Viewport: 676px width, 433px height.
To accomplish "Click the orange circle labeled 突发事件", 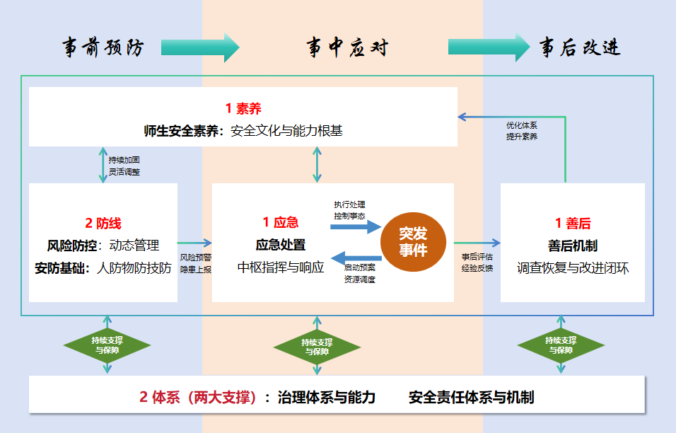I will point(413,242).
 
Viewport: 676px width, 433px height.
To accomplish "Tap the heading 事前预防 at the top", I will point(103,47).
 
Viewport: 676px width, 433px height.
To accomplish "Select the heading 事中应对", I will point(347,47).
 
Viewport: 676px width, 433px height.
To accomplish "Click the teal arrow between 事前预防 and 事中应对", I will point(200,47).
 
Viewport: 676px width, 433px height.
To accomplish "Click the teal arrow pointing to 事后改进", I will point(488,47).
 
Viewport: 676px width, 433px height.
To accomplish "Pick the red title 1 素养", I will point(243,108).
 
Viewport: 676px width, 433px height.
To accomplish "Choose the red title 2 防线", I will point(103,224).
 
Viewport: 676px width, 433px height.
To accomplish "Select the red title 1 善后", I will point(573,224).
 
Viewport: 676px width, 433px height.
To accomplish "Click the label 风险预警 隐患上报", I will point(195,263).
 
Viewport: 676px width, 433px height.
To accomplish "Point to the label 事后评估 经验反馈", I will point(477,262).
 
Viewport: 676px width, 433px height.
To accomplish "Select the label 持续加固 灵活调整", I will point(124,166).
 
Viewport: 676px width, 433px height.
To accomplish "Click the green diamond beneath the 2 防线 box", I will point(107,345).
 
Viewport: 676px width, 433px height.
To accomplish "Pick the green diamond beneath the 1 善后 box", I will point(561,345).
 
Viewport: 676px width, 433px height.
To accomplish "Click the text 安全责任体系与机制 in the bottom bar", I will point(471,397).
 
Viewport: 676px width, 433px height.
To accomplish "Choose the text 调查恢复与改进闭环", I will point(573,268).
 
